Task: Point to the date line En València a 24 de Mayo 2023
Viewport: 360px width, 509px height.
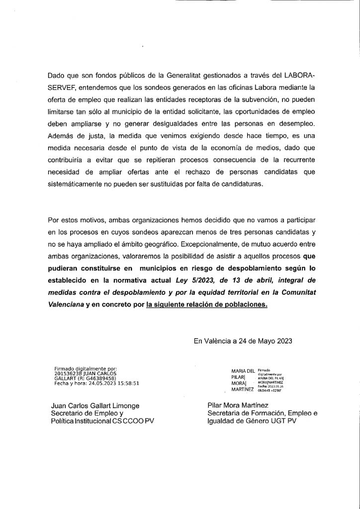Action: point(243,341)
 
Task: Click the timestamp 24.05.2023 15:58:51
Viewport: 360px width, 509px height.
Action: point(109,383)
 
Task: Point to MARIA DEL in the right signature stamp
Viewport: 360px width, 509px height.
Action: point(243,370)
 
